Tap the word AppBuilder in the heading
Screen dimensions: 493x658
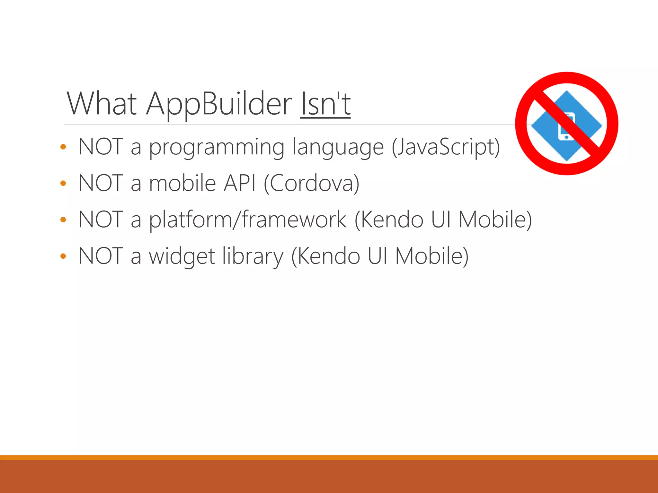tap(219, 104)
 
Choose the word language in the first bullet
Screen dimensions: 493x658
tap(338, 148)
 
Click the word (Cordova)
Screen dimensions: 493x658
tap(311, 183)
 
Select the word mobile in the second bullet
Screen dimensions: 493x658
tap(182, 183)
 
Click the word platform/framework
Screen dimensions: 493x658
tap(248, 220)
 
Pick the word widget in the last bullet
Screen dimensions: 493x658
tap(182, 256)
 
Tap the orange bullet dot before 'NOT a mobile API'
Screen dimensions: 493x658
tap(63, 184)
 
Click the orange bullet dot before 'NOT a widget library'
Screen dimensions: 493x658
tap(63, 256)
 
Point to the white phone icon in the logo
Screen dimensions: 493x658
tap(566, 127)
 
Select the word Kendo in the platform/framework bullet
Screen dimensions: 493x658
tap(389, 220)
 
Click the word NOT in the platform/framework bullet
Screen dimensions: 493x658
tap(101, 220)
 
